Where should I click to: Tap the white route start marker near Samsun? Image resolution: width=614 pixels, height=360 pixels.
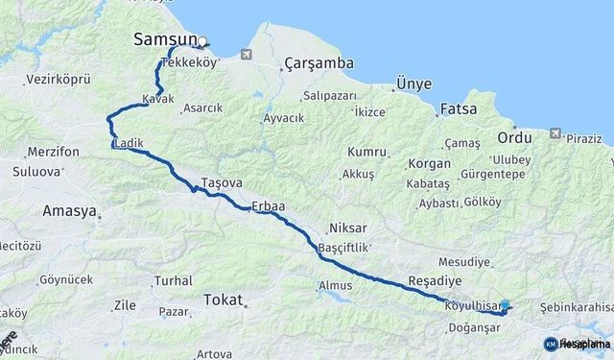point(202,42)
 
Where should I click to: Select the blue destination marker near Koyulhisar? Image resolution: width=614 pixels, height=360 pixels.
point(505,305)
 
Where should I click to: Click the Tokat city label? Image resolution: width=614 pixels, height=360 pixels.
point(224,300)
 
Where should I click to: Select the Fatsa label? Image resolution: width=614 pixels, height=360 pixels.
point(457,108)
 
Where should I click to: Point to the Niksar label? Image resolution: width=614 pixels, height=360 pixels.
point(347,229)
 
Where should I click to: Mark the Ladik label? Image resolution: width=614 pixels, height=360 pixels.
point(129,144)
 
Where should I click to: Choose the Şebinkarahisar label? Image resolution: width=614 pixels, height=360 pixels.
point(576,306)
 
